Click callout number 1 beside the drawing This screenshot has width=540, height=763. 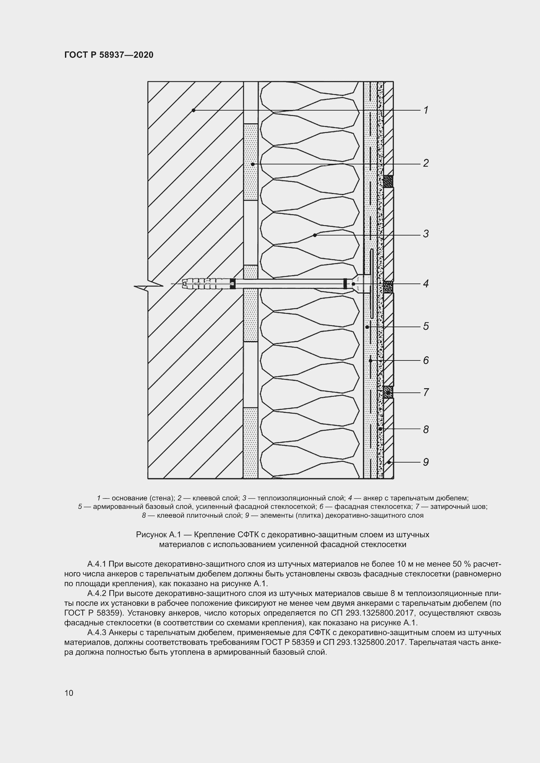pos(426,110)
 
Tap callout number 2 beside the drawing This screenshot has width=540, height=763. pos(426,163)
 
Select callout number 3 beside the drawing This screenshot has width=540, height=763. pos(426,234)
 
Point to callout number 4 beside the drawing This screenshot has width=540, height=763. pos(426,283)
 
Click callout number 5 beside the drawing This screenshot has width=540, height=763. pos(426,326)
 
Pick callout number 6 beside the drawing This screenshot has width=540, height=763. pos(426,360)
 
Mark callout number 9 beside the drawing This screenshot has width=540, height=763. pos(426,462)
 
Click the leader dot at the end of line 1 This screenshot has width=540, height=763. pos(194,110)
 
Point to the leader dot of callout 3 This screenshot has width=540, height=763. pos(314,235)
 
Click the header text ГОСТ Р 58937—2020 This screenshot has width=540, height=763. pos(109,55)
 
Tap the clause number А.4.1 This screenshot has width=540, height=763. pos(96,564)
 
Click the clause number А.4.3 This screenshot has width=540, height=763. pos(96,632)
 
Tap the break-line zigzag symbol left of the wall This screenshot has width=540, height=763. pos(148,286)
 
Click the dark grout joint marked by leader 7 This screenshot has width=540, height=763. pos(388,392)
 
